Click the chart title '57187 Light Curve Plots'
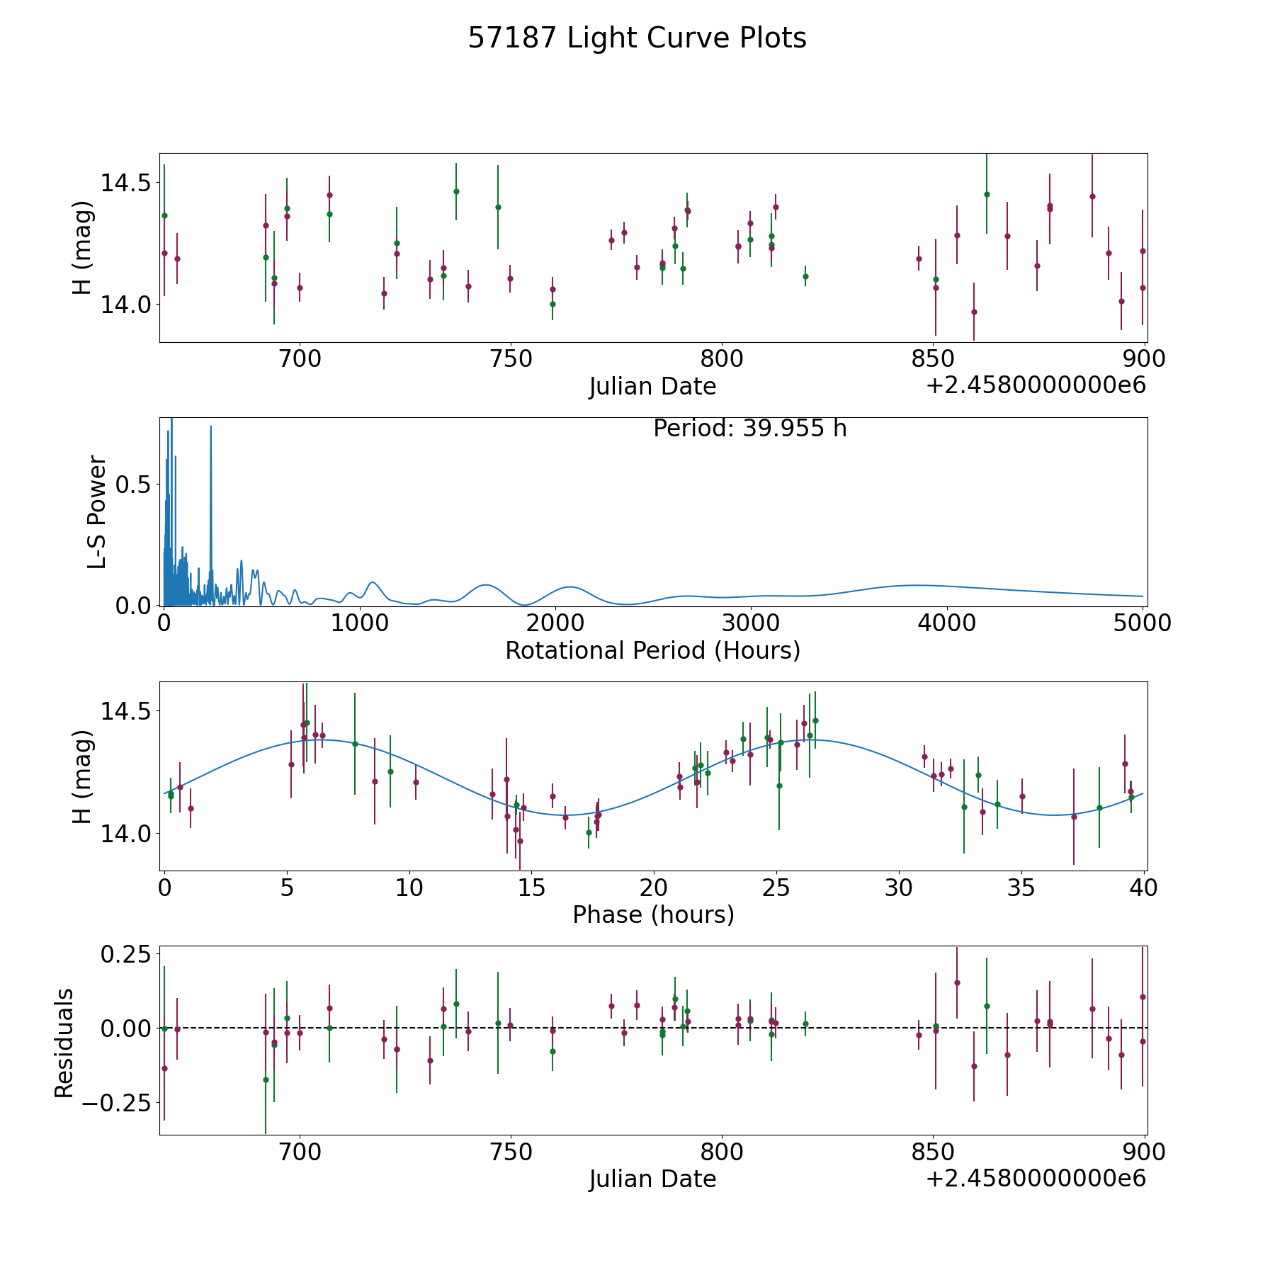click(637, 38)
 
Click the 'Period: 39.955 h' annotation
click(749, 429)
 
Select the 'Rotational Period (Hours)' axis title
click(652, 650)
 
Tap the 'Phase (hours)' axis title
click(653, 915)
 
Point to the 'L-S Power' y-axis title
click(98, 511)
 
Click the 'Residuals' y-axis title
click(64, 1043)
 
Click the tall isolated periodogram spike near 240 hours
click(210, 426)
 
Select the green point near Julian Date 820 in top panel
click(805, 276)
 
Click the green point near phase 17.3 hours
click(589, 832)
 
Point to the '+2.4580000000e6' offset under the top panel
click(1036, 386)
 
